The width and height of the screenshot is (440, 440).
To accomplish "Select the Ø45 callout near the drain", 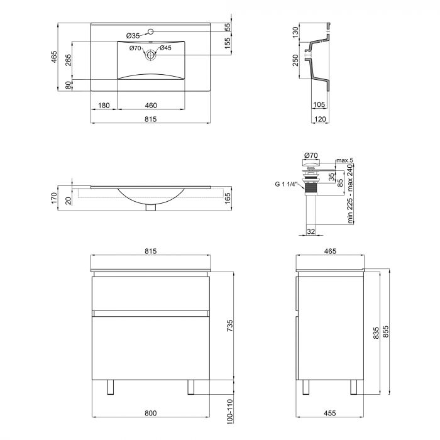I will click(165, 48).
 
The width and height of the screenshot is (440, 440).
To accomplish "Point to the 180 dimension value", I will click(104, 105).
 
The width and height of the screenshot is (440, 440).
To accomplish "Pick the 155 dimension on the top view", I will click(228, 43).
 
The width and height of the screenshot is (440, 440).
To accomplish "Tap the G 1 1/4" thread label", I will click(286, 185).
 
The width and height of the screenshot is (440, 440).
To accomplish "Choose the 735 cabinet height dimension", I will click(229, 325).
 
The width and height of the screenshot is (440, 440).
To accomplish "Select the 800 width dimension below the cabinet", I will click(151, 413).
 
